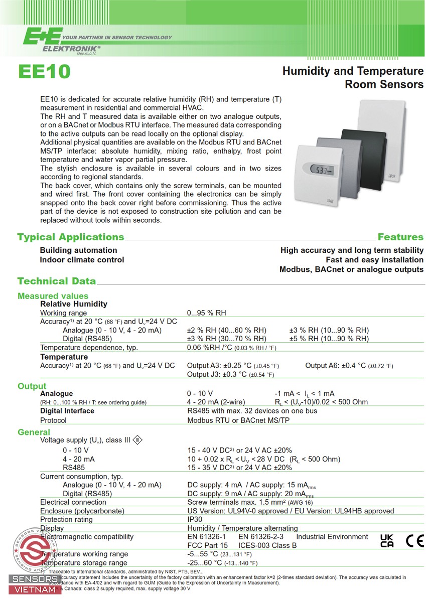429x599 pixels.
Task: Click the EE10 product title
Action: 44,72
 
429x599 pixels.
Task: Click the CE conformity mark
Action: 414,541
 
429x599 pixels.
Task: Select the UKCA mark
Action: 387,541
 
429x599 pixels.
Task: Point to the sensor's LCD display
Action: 321,171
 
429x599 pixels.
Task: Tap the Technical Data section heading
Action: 56,281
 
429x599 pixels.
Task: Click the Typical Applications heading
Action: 70,237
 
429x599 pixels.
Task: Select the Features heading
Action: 400,237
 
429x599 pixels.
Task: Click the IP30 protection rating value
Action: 195,519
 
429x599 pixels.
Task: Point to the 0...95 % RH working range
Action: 206,313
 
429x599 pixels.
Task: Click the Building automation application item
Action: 78,250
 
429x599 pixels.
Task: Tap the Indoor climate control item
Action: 82,259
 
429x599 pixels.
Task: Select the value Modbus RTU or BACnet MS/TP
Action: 238,420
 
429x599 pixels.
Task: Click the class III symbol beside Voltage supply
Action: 137,440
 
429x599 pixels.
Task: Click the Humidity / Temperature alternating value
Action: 242,528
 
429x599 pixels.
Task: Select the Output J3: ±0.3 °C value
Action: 230,374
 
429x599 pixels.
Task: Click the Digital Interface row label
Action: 67,411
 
